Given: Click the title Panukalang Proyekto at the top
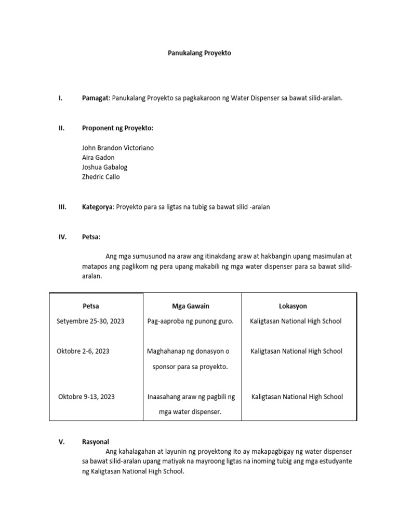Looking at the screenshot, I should tap(199, 53).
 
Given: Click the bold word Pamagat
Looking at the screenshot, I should tap(96, 98).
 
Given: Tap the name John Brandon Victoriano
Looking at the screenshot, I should tap(118, 148).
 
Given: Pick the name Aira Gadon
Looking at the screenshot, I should tap(98, 157).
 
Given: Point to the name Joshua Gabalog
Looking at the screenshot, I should tap(104, 167).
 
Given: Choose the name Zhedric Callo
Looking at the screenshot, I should tap(101, 176).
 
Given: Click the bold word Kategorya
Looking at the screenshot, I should tap(97, 207).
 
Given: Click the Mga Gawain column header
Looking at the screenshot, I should tap(191, 306).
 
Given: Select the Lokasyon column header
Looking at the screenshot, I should tap(293, 306).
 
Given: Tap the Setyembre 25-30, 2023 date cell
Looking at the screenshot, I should tap(90, 321).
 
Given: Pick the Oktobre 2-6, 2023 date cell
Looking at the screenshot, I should tap(83, 351).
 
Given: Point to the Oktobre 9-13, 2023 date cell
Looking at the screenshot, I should tap(86, 397).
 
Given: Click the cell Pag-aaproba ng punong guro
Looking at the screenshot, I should tap(190, 321).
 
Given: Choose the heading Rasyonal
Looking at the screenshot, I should tap(96, 442).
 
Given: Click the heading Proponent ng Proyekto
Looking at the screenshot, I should tap(118, 128).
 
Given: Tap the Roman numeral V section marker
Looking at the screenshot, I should tap(61, 442).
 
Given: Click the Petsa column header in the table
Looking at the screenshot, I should tap(91, 306).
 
